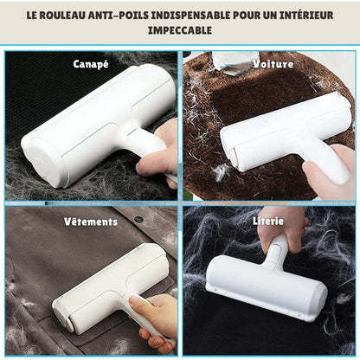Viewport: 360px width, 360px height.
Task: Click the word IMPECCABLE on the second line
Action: coord(180,30)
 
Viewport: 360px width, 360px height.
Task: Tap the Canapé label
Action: coord(91,64)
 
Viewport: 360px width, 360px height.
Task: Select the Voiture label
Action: coord(273,64)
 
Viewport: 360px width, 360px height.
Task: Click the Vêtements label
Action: coord(91,222)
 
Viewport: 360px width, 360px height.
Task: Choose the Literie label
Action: coord(268,221)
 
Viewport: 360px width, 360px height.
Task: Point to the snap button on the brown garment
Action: coord(138,219)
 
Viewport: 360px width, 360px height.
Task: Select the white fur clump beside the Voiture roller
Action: coord(222,172)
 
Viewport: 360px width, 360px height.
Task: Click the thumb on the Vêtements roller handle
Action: coord(142,305)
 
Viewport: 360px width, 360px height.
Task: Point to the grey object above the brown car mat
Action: coord(235,63)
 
